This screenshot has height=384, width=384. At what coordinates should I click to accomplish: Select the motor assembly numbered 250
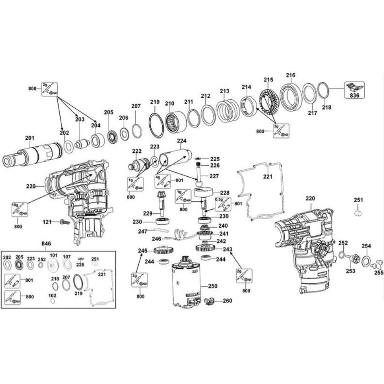186,282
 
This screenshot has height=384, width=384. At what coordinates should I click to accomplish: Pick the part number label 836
354,95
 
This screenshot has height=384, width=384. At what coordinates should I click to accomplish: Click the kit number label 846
46,243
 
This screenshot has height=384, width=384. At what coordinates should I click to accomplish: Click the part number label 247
143,232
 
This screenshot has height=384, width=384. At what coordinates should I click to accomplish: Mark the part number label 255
379,273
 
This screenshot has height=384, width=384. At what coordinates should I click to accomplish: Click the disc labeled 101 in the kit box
53,265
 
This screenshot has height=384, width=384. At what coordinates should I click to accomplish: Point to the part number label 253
350,271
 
